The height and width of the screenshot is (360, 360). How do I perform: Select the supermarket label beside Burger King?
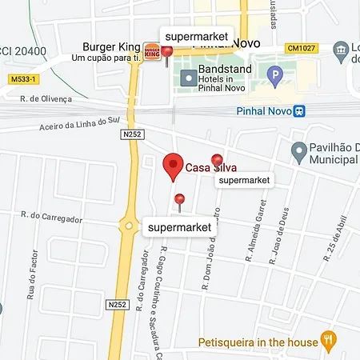tap(196, 37)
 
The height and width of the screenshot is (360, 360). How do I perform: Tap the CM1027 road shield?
tap(302, 48)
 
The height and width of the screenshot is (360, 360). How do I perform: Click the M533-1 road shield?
tap(25, 79)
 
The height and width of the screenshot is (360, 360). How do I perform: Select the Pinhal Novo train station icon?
tap(299, 111)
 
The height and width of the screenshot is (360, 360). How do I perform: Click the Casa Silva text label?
tap(210, 168)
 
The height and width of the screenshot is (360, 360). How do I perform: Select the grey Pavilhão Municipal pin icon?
tap(299, 150)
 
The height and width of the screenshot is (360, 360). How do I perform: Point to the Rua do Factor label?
tap(32, 309)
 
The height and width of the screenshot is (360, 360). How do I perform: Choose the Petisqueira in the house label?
tap(258, 342)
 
